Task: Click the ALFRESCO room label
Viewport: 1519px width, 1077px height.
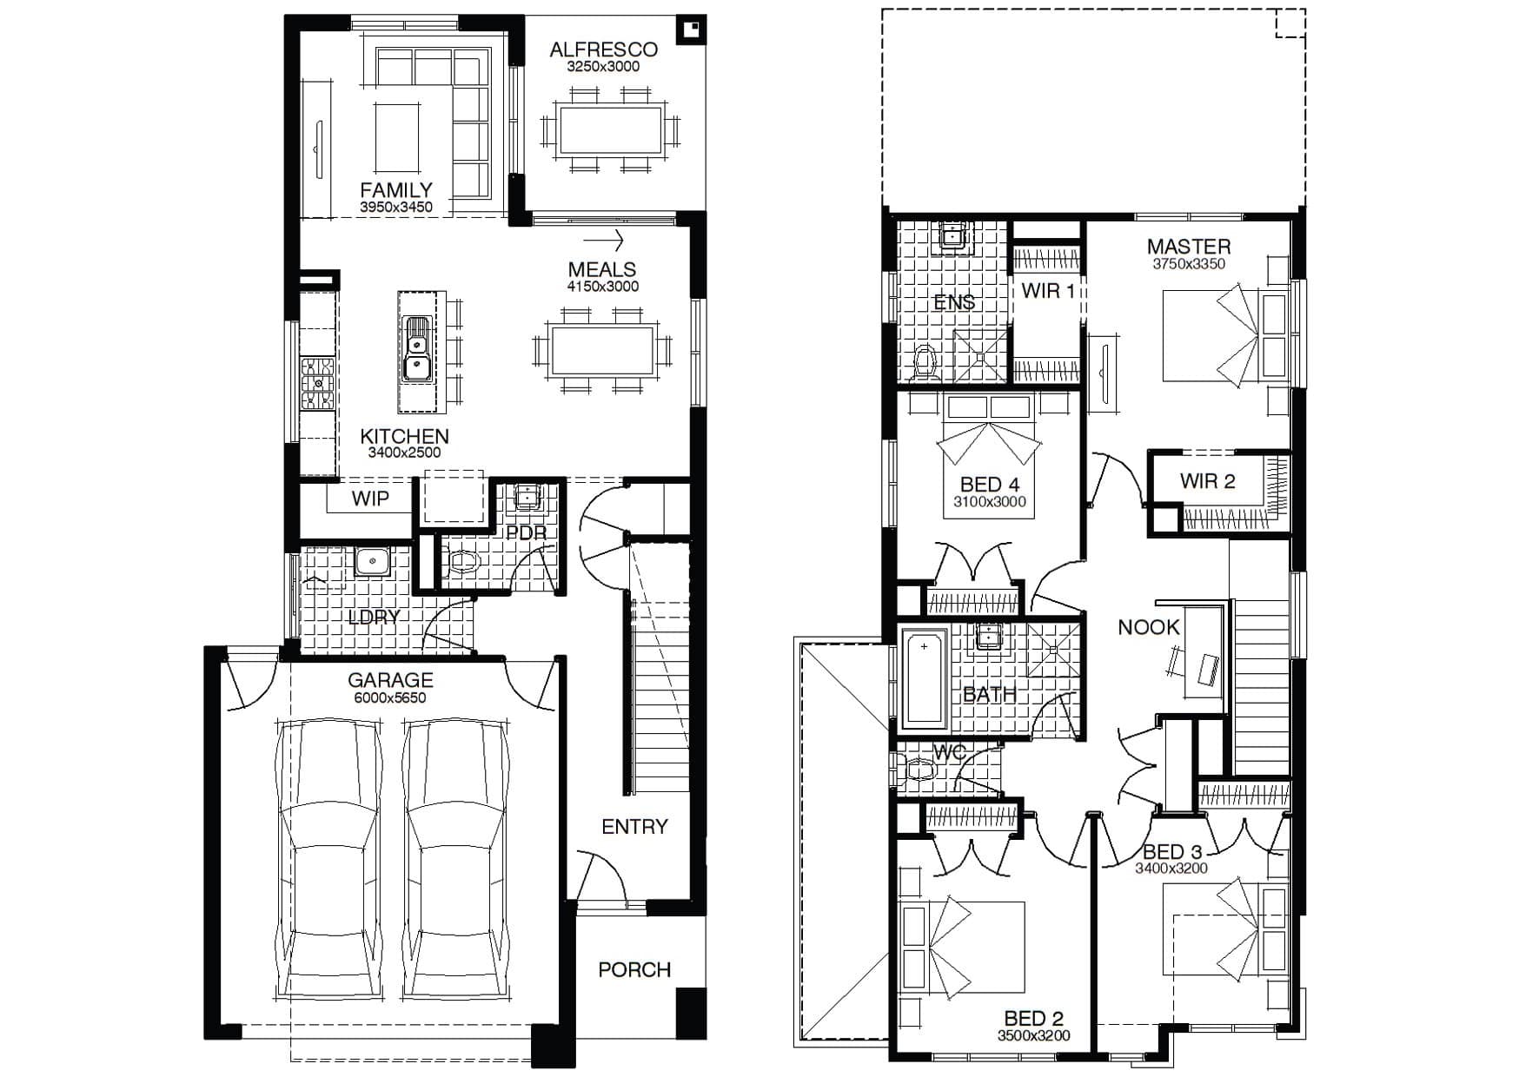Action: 603,50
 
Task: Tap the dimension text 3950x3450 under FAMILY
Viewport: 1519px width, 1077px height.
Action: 396,208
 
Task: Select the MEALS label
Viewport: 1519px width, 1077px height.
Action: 602,269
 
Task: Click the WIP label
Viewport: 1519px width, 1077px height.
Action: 370,499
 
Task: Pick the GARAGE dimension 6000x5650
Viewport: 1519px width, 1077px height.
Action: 390,697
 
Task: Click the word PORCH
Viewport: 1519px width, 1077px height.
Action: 634,969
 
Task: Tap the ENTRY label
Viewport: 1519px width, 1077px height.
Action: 634,827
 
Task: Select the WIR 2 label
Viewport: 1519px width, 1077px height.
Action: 1207,481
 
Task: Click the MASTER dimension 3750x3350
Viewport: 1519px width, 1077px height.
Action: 1188,264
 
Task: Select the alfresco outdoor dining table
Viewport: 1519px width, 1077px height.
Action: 609,130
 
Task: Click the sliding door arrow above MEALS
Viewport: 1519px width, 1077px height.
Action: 604,240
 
